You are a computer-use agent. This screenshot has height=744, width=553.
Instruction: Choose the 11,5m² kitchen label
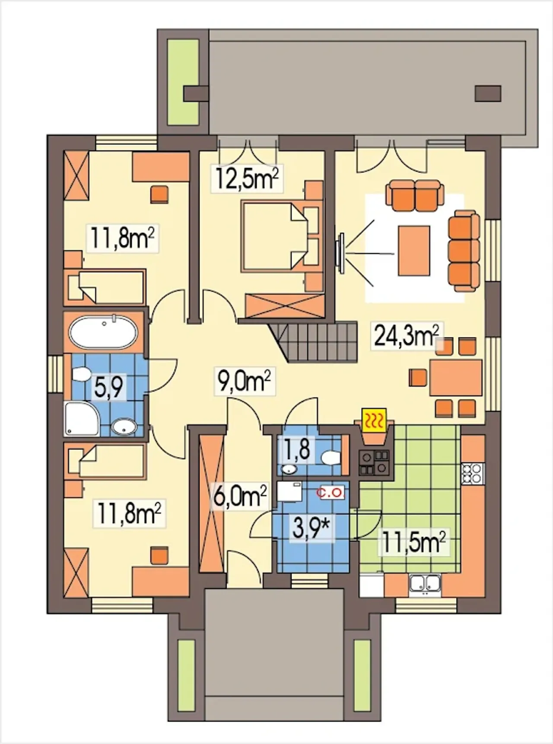coord(413,542)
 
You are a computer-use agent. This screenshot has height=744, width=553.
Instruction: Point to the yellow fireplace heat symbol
coord(374,420)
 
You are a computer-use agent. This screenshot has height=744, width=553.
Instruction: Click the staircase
coord(314,341)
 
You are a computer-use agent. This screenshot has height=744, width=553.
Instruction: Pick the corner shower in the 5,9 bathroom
coord(82,418)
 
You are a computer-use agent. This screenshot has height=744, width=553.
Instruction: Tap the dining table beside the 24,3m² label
coord(456,377)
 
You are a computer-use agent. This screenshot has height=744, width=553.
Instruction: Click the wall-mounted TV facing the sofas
coord(341,253)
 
